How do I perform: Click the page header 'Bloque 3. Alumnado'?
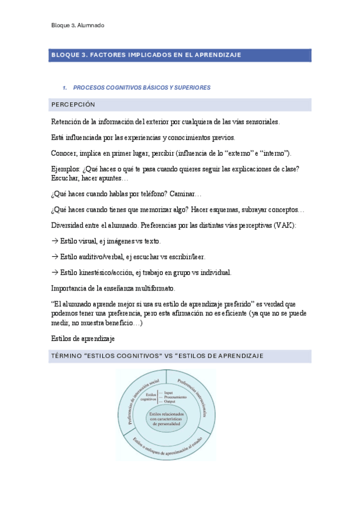(x=78, y=25)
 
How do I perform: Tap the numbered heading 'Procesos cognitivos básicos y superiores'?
(x=145, y=87)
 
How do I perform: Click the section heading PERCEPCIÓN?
(x=73, y=105)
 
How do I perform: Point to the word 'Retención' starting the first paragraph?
(x=67, y=121)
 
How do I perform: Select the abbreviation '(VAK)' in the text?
(x=284, y=225)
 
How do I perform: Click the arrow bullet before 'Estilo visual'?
(x=55, y=241)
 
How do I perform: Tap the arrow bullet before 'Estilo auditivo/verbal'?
(x=55, y=256)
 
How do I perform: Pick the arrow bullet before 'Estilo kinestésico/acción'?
(x=55, y=272)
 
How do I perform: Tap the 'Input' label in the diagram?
(x=168, y=393)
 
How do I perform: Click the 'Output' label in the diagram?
(x=169, y=402)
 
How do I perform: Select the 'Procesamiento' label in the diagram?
(x=175, y=398)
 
